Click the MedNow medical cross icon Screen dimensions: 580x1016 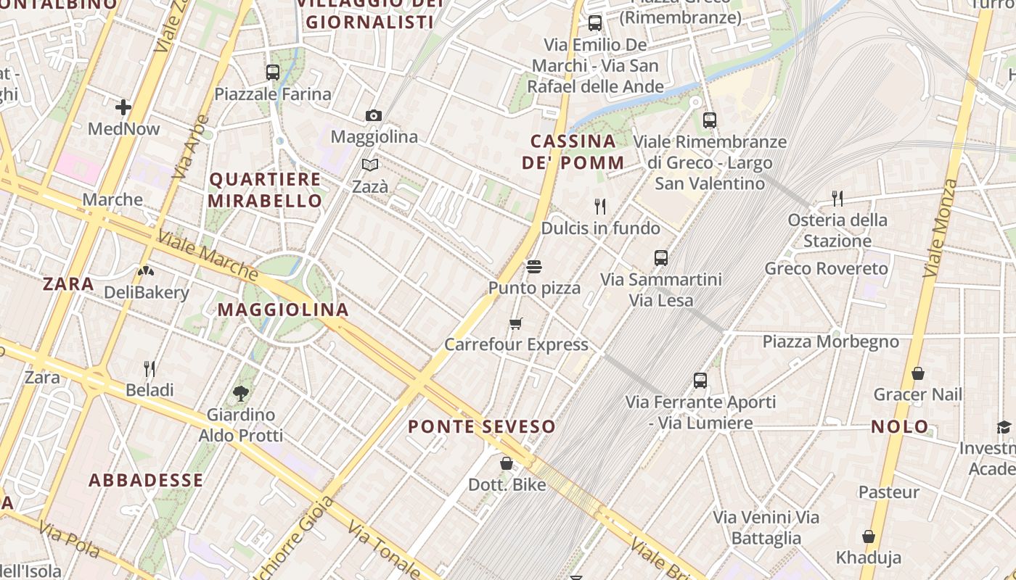(123, 108)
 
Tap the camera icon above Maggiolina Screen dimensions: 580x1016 (374, 115)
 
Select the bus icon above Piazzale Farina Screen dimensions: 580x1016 (273, 72)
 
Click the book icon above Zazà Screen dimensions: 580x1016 (370, 165)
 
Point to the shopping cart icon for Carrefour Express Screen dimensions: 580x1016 (516, 323)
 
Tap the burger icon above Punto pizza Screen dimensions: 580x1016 (534, 267)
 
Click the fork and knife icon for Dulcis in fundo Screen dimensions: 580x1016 (600, 207)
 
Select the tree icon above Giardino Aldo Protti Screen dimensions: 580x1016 (241, 394)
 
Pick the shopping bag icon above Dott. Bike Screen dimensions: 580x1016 (507, 463)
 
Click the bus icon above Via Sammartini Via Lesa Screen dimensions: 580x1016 (661, 258)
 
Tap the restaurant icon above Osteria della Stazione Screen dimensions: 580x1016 (837, 198)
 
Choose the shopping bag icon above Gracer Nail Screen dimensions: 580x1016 (918, 373)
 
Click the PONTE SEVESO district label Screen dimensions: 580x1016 (482, 426)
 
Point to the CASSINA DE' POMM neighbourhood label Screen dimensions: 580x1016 (573, 152)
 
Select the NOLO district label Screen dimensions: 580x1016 (900, 426)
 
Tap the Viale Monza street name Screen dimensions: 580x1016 (941, 228)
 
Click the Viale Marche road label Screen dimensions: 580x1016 (208, 256)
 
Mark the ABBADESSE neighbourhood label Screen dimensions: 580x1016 (146, 480)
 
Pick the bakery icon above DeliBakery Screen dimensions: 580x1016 (146, 271)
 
